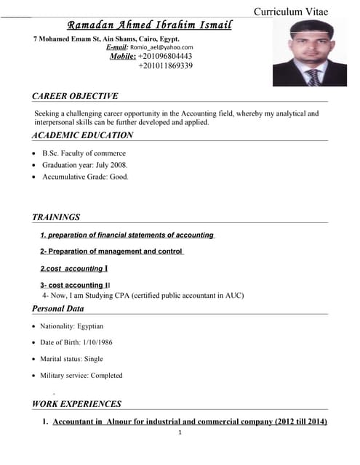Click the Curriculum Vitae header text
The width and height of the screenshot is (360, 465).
coord(290,12)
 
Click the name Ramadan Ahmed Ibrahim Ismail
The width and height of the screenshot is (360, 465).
coord(149,25)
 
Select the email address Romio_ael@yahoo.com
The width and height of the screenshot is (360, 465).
coord(161,46)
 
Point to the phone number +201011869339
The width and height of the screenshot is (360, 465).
coord(165,65)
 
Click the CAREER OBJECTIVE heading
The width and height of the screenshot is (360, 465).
coord(75,96)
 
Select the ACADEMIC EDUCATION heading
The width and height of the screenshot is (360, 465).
coord(82,135)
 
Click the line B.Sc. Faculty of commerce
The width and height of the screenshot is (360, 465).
coord(84,153)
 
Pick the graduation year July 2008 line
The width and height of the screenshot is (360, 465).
coord(84,165)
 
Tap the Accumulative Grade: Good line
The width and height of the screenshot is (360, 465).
coord(85,177)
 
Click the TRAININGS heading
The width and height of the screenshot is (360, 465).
coord(56,217)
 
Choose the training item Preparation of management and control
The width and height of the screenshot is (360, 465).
coord(111,251)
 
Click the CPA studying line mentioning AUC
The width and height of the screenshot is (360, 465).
coord(143,296)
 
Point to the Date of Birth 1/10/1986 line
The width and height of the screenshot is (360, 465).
coord(76,342)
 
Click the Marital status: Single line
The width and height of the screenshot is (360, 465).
coord(71,359)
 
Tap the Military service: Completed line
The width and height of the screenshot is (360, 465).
coord(81,376)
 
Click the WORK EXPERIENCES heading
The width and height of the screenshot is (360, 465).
coord(76,404)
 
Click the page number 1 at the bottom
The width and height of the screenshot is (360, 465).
coord(180,433)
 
